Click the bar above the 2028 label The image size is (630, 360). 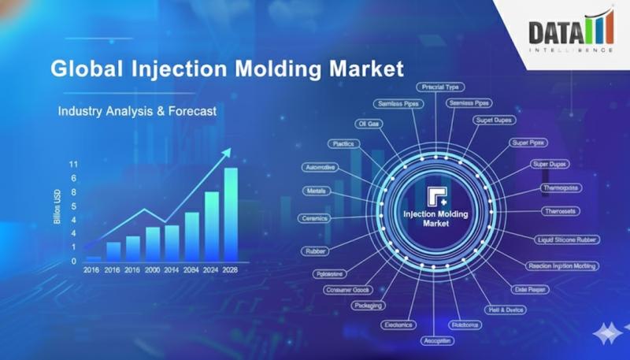pyautogui.click(x=231, y=214)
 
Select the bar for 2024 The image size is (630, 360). pyautogui.click(x=212, y=226)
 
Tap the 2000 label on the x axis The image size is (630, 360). pyautogui.click(x=153, y=269)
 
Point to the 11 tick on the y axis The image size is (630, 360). pyautogui.click(x=73, y=165)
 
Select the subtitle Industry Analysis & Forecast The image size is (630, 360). pyautogui.click(x=137, y=112)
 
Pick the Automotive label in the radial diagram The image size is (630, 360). pyautogui.click(x=321, y=168)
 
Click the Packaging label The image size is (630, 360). pyautogui.click(x=369, y=305)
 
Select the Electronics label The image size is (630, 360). pyautogui.click(x=398, y=325)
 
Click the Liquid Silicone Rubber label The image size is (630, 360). pyautogui.click(x=567, y=239)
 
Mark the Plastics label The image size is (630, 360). pyautogui.click(x=344, y=143)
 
